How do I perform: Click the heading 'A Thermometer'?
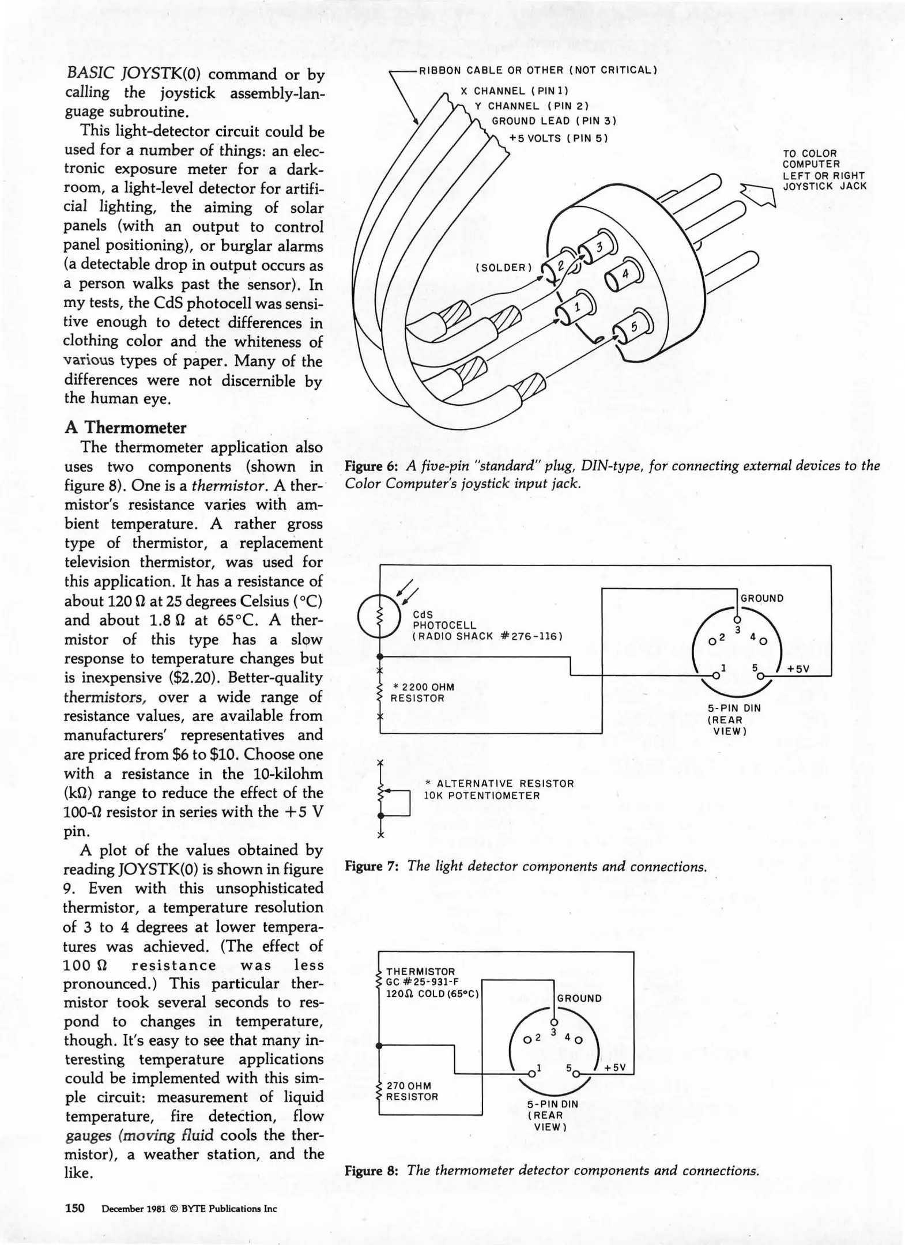(x=126, y=428)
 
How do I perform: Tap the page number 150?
(x=75, y=1208)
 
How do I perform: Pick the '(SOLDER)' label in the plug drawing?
(x=501, y=267)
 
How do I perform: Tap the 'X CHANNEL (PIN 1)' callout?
(x=515, y=91)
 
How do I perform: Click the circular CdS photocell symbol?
(x=379, y=616)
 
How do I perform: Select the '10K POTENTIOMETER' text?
(x=482, y=796)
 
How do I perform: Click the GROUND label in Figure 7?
(x=762, y=598)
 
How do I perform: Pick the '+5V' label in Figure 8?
(x=614, y=1067)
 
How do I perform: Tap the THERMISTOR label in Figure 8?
(x=421, y=972)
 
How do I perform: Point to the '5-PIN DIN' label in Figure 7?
(x=734, y=708)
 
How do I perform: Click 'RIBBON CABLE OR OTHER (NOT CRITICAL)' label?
(x=538, y=70)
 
